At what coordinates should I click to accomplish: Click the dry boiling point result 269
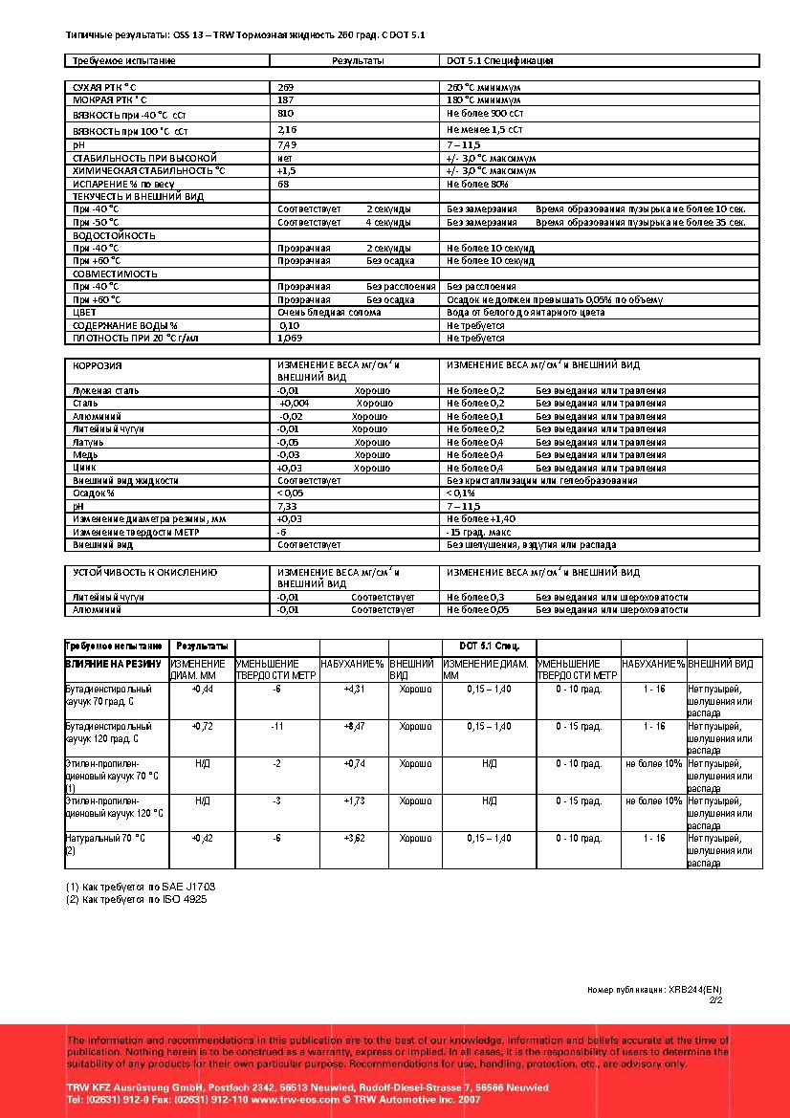click(x=285, y=87)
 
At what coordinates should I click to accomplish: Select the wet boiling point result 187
click(x=285, y=99)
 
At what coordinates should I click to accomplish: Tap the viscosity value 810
click(x=285, y=113)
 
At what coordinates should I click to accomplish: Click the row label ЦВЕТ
click(x=84, y=313)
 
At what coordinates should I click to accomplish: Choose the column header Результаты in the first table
click(x=358, y=60)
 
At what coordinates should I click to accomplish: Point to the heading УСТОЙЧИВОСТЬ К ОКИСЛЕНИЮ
click(x=145, y=572)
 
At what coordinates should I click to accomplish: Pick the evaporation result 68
click(x=283, y=183)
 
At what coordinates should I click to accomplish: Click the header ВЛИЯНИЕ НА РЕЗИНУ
click(x=115, y=664)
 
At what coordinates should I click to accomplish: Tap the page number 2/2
click(x=714, y=1000)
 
